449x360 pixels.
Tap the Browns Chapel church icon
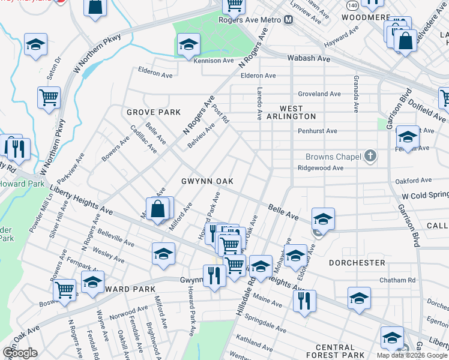pos(370,157)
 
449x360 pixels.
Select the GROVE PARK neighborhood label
pos(154,112)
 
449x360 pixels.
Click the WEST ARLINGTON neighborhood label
pos(290,112)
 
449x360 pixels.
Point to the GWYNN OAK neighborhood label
pos(207,181)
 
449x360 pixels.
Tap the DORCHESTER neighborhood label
pos(357,263)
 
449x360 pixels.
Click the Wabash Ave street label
pos(309,59)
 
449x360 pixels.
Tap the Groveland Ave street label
pos(319,94)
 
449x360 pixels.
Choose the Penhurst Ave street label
pos(318,131)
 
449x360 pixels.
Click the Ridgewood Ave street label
pos(321,168)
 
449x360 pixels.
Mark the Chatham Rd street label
pos(397,280)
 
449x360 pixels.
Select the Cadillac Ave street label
pos(144,139)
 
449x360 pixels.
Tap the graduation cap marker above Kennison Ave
pos(188,44)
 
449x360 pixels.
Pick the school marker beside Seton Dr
pos(35,44)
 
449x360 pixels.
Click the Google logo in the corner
pos(20,353)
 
